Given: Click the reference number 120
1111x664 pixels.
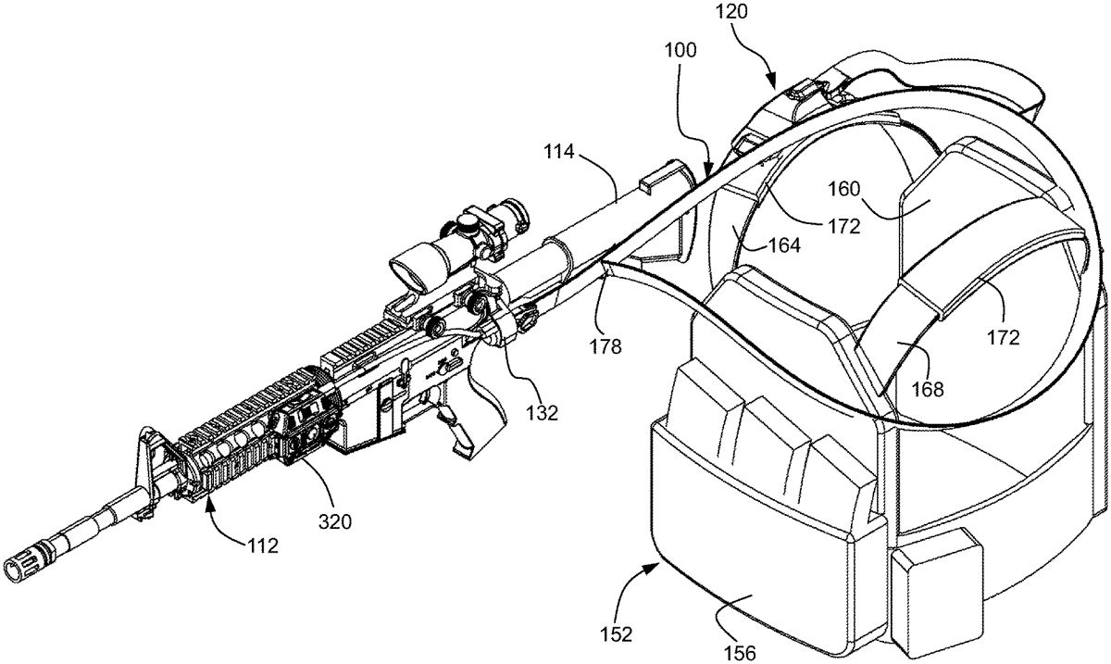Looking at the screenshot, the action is [x=731, y=11].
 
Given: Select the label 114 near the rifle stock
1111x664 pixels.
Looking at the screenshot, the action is [x=558, y=151].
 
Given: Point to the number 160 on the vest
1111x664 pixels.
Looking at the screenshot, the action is [x=843, y=189].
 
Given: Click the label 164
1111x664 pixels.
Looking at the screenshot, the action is [x=784, y=245].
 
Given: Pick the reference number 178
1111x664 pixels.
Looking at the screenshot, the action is [x=605, y=347].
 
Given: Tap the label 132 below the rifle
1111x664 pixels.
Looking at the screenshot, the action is [x=543, y=412].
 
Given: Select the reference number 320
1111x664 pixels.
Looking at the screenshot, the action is [x=335, y=521].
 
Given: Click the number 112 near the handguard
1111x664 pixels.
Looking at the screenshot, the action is [x=263, y=546].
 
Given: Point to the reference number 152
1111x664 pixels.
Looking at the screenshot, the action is [x=616, y=634].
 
